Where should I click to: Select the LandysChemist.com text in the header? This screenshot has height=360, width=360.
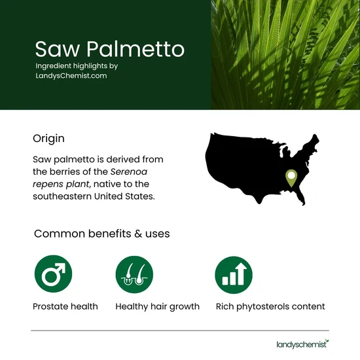click(x=71, y=76)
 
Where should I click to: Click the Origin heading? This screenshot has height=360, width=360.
click(x=48, y=139)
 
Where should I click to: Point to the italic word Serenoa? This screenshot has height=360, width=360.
click(x=135, y=171)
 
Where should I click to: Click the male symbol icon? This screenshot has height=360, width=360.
click(x=52, y=274)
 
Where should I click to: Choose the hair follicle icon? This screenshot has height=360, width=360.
click(x=134, y=274)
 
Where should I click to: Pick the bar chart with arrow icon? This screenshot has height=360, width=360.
click(x=234, y=274)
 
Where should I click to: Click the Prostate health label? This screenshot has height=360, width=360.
click(x=65, y=306)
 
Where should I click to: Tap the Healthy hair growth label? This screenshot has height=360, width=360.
click(x=157, y=306)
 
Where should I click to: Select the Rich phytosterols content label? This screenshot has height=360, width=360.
click(x=270, y=306)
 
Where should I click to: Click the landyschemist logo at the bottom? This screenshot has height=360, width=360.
click(x=302, y=342)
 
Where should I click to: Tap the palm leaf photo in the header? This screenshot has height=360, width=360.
click(x=285, y=54)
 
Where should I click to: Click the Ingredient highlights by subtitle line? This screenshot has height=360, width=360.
click(x=77, y=66)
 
